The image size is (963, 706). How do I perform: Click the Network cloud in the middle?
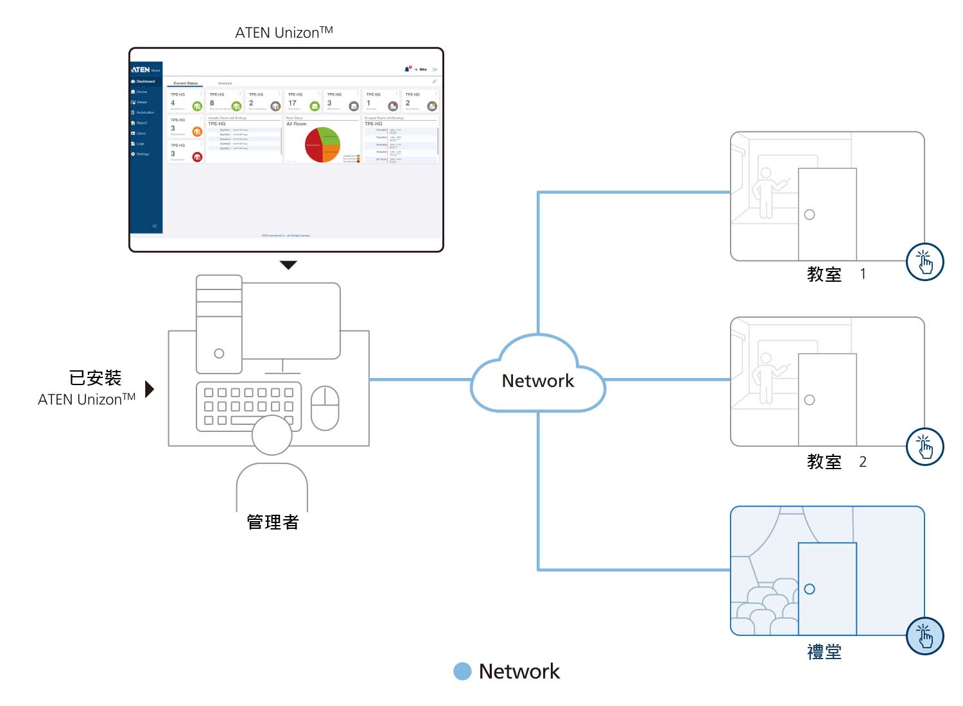[538, 379]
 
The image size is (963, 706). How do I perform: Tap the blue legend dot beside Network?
[462, 671]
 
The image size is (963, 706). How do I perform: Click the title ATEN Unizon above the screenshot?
[284, 32]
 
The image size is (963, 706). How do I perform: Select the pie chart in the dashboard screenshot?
[322, 144]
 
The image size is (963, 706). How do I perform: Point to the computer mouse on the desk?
[325, 408]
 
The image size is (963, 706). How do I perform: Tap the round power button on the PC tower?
[219, 353]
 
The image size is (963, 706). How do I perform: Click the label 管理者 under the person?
[273, 522]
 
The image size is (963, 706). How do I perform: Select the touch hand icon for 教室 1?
[924, 262]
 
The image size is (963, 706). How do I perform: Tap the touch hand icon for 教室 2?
[924, 447]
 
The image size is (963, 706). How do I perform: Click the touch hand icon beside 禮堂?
[924, 636]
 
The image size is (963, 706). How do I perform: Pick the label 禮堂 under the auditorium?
[824, 652]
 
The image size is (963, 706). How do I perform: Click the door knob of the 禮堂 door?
[810, 589]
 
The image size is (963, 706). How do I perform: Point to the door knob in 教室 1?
[810, 214]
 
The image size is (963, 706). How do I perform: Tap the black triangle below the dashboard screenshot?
[289, 264]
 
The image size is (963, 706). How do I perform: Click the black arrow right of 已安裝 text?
[150, 389]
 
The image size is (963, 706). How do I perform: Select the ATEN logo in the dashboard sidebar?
[141, 69]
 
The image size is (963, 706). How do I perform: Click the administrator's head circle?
[272, 435]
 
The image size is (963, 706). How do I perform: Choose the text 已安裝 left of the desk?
[95, 378]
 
